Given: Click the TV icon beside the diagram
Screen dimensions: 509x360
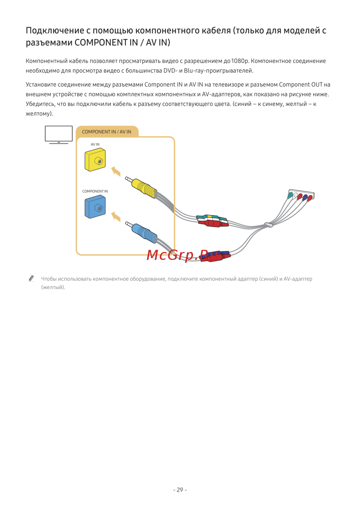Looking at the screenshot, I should point(59,135).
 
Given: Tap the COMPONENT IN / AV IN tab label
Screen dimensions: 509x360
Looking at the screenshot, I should point(107,132).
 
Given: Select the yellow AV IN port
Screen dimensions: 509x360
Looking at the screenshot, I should point(95,160).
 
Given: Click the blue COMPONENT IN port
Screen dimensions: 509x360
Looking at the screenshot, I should point(95,207).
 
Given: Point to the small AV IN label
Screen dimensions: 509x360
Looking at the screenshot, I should point(95,144).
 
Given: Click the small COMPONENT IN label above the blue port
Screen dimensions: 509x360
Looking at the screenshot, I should point(95,191).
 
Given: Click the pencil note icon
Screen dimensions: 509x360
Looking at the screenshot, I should point(31,279).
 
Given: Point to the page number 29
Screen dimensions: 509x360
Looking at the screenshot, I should point(180,490).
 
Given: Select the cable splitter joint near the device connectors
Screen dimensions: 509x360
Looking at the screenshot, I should point(269,225).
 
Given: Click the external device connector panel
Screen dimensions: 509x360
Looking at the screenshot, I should point(302,194).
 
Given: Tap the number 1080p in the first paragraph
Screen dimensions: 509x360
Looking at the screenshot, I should point(240,61).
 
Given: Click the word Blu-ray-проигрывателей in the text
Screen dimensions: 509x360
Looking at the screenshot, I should point(219,71).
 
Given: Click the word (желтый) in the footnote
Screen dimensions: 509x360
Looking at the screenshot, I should point(53,287).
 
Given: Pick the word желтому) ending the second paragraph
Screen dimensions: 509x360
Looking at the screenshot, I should point(39,114).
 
